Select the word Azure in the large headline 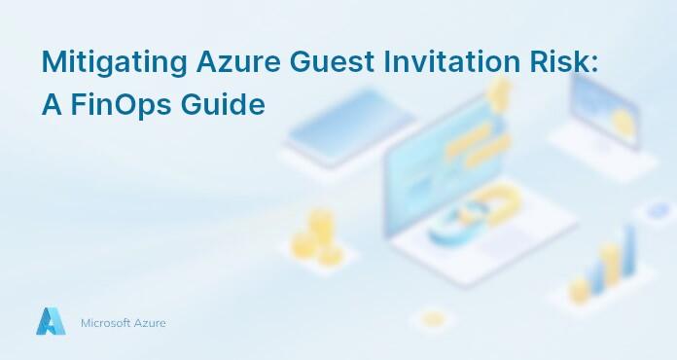coord(230,61)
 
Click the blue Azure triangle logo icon coord(51,321)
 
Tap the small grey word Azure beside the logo coord(150,322)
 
